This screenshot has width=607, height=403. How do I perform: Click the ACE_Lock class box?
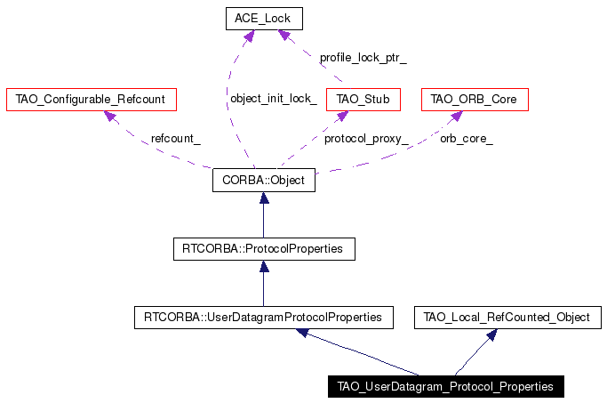pyautogui.click(x=264, y=19)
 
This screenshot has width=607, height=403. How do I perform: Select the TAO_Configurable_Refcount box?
pyautogui.click(x=92, y=100)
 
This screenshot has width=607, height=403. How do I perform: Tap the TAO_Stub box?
pyautogui.click(x=363, y=100)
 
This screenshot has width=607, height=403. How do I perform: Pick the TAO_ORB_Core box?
pyautogui.click(x=475, y=100)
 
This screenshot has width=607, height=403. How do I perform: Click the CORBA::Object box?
pyautogui.click(x=264, y=181)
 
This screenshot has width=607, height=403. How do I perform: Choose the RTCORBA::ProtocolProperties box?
pyautogui.click(x=264, y=249)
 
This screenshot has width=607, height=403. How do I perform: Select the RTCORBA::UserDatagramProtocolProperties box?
pyautogui.click(x=264, y=318)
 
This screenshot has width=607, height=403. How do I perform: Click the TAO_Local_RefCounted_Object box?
pyautogui.click(x=507, y=318)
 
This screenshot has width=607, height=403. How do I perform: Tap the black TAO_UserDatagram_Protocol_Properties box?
pyautogui.click(x=446, y=386)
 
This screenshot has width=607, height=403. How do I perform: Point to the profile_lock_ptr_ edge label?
pyautogui.click(x=363, y=58)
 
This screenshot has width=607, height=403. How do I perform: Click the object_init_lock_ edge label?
pyautogui.click(x=274, y=99)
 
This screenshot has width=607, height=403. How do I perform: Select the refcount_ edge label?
pyautogui.click(x=176, y=139)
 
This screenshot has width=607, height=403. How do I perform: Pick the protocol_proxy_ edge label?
pyautogui.click(x=366, y=139)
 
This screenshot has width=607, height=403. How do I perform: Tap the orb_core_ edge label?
pyautogui.click(x=467, y=139)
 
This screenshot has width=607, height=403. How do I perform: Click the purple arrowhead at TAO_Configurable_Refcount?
pyautogui.click(x=110, y=116)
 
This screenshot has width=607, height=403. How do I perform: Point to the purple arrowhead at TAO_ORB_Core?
pyautogui.click(x=457, y=116)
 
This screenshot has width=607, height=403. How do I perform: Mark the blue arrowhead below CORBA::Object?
pyautogui.click(x=264, y=197)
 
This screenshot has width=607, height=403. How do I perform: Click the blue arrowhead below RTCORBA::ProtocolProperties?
pyautogui.click(x=264, y=266)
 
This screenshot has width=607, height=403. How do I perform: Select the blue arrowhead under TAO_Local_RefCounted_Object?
pyautogui.click(x=492, y=334)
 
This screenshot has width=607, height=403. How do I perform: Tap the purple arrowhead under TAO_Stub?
pyautogui.click(x=342, y=116)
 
